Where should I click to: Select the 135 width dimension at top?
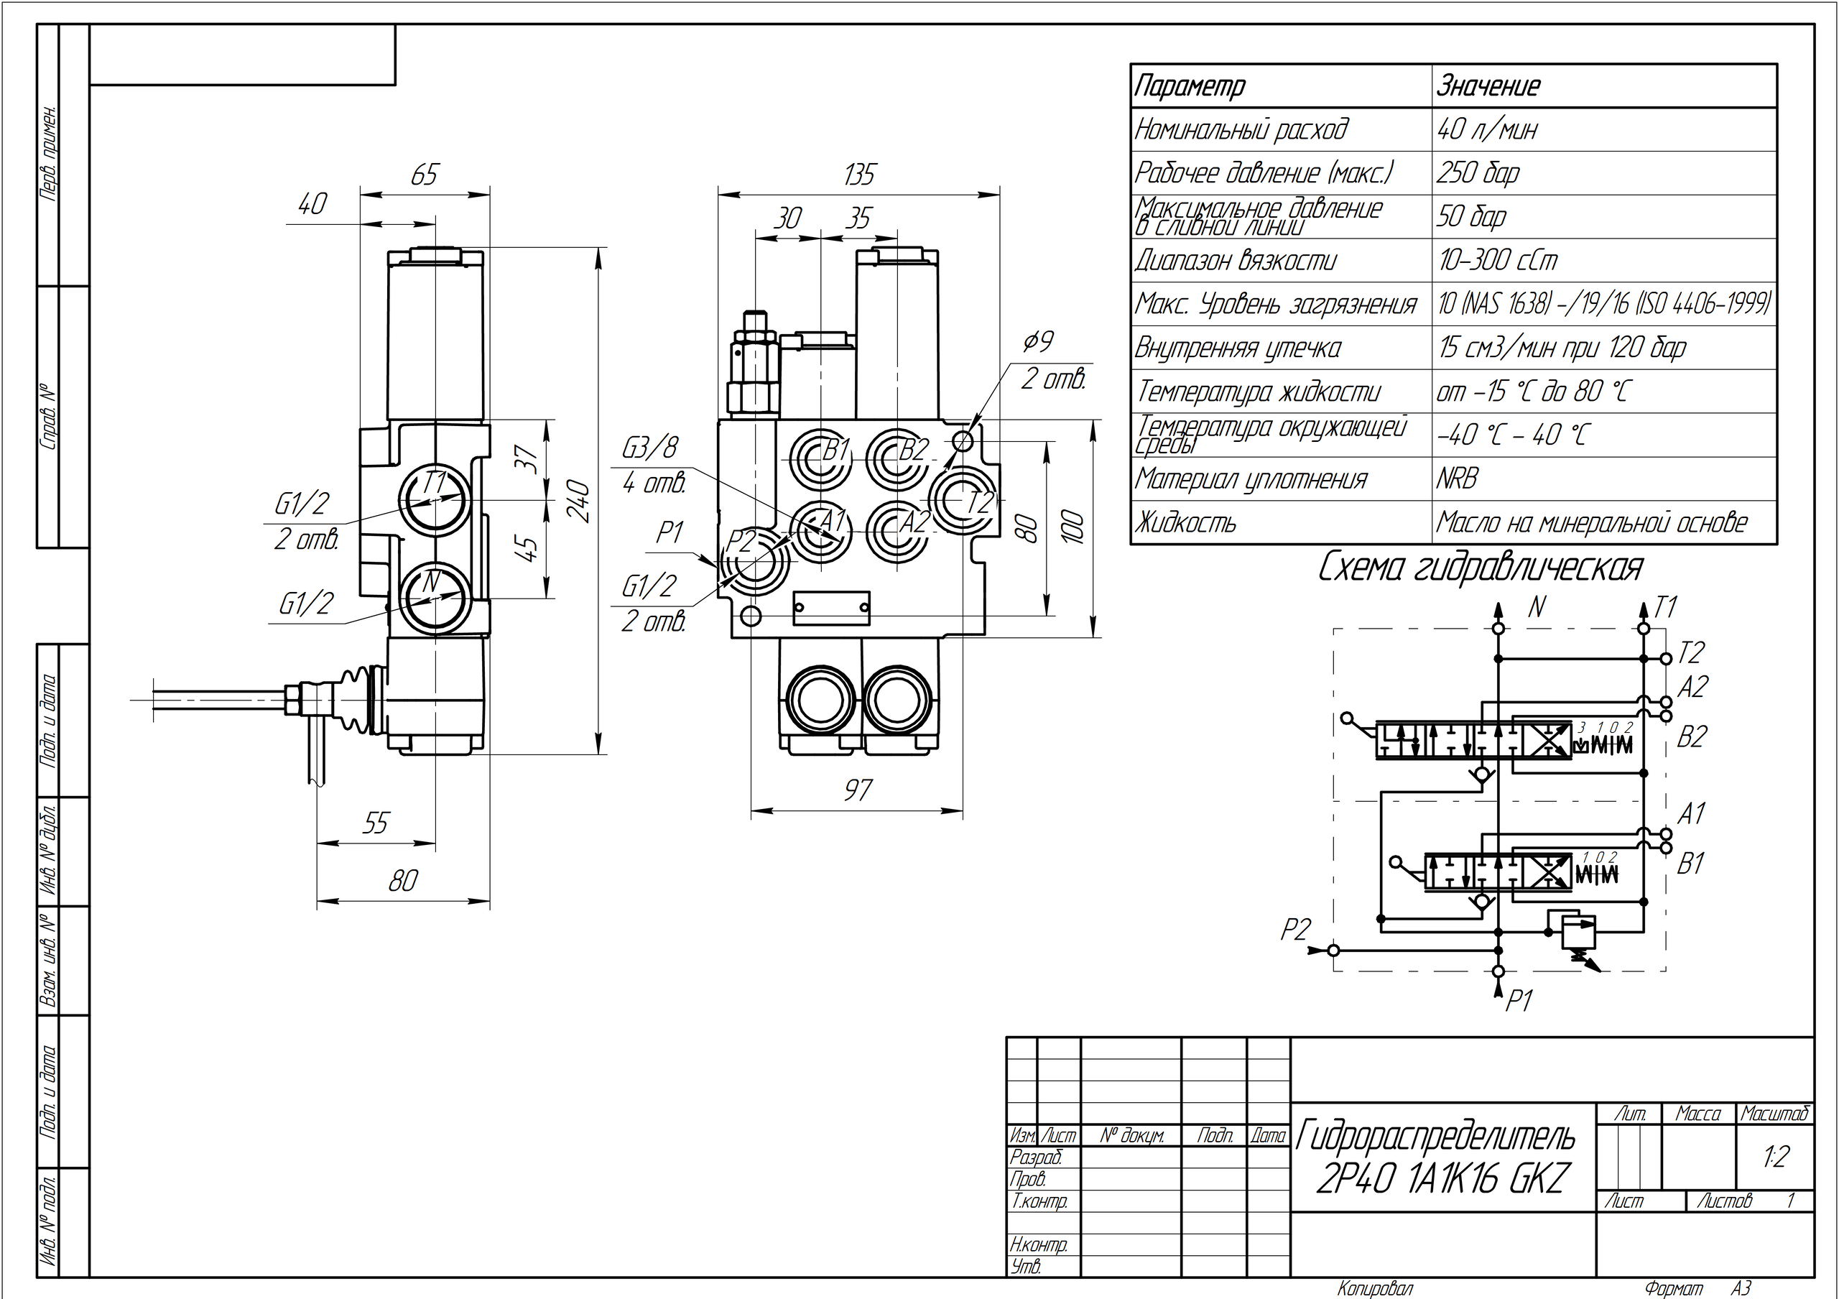859,175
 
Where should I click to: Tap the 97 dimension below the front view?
857,790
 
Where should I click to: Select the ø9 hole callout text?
1039,342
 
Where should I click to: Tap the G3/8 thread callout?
649,448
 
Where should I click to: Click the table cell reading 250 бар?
1478,173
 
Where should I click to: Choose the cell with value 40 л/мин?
1488,129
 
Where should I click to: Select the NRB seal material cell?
1456,479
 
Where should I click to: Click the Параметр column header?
1190,85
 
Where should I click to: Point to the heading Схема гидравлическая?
1480,568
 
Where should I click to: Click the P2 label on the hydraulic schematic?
1295,930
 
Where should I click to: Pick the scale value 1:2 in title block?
1775,1157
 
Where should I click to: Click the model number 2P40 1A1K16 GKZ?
1440,1179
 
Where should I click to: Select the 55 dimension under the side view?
375,823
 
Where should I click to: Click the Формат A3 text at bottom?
1697,1289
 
